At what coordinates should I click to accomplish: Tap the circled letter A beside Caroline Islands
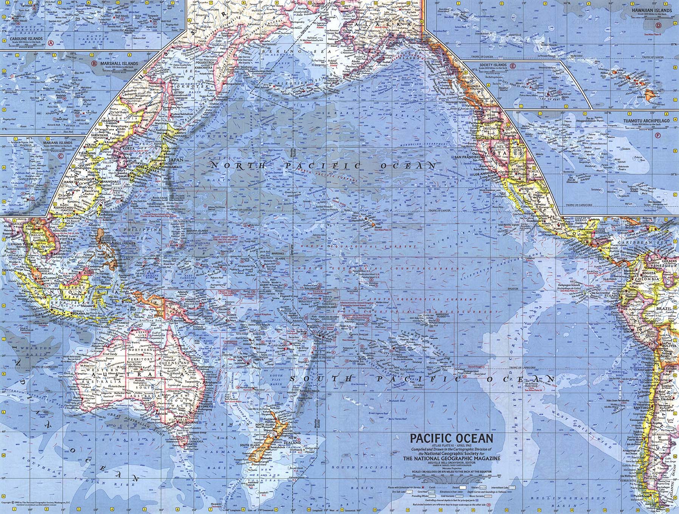(x=51, y=43)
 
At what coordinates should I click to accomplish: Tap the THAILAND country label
(x=31, y=234)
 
